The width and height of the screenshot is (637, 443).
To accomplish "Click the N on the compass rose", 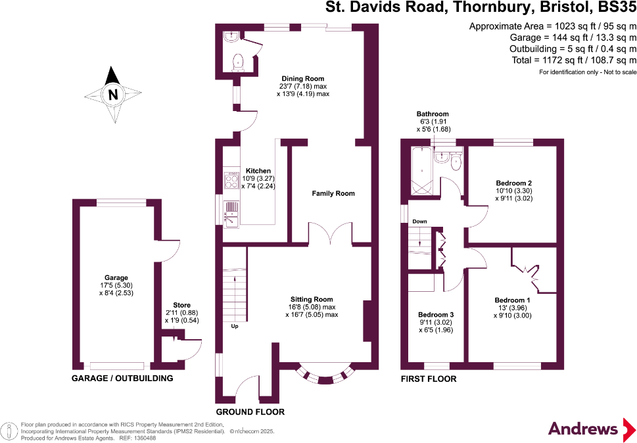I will pyautogui.click(x=113, y=94).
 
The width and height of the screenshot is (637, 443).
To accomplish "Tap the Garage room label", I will pyautogui.click(x=116, y=277).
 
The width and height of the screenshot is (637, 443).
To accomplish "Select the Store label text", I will pyautogui.click(x=181, y=305).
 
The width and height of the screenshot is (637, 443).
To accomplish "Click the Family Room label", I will pyautogui.click(x=333, y=193).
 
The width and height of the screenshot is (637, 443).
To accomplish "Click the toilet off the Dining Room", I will pyautogui.click(x=238, y=62).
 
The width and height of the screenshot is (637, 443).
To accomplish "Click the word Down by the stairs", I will pyautogui.click(x=419, y=222).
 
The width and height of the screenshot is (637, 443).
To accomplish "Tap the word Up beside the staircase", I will pyautogui.click(x=234, y=326).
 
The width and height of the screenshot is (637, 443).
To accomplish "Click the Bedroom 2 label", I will pyautogui.click(x=514, y=183).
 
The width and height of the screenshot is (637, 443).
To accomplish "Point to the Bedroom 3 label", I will pyautogui.click(x=436, y=315).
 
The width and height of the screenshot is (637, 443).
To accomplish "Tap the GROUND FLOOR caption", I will pyautogui.click(x=250, y=412).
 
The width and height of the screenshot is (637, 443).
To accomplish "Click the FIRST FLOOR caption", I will pyautogui.click(x=429, y=379).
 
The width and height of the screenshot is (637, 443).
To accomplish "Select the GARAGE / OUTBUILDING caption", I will pyautogui.click(x=122, y=379).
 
